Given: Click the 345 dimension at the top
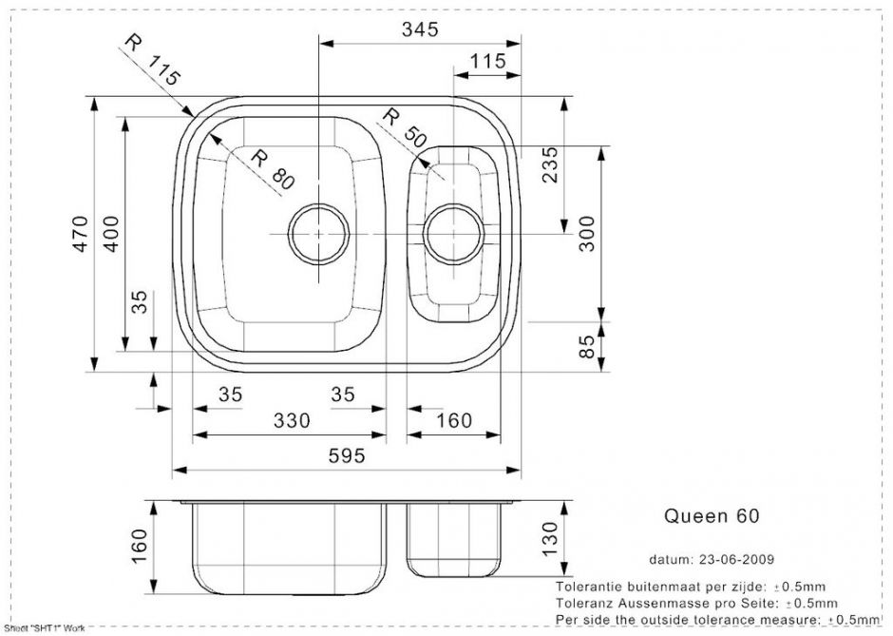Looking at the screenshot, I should pyautogui.click(x=419, y=29).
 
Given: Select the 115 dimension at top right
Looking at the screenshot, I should pyautogui.click(x=486, y=61).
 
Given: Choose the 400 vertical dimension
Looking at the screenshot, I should pyautogui.click(x=111, y=234).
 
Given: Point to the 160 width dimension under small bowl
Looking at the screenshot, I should pyautogui.click(x=453, y=420).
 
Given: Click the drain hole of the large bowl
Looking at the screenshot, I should pyautogui.click(x=316, y=233).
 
